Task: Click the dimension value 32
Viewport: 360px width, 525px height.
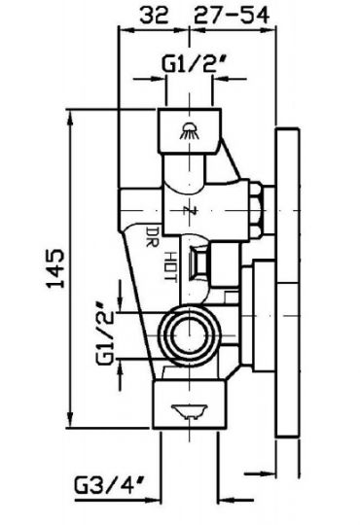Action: (x=154, y=15)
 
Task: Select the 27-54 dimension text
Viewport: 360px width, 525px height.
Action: (x=232, y=15)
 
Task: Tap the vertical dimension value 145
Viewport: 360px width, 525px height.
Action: (x=55, y=268)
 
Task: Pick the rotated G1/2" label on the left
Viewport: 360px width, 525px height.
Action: (x=105, y=333)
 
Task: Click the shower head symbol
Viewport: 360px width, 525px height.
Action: (x=190, y=130)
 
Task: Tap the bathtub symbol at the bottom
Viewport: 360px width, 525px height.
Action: (x=190, y=411)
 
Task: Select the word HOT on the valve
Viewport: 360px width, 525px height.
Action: (x=171, y=266)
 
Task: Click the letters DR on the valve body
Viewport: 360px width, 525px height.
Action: (x=153, y=236)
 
